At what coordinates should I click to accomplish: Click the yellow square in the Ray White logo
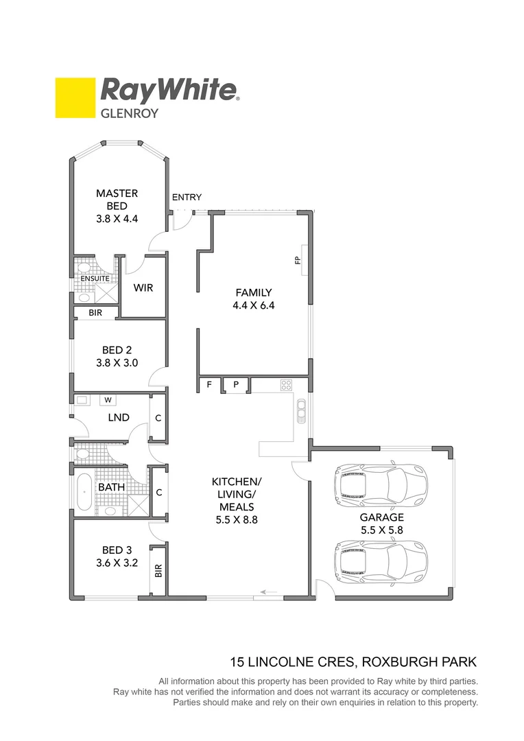[75, 97]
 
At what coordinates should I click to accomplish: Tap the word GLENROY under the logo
[130, 113]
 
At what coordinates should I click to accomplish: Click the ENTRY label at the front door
[187, 198]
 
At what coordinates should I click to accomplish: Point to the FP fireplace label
[298, 261]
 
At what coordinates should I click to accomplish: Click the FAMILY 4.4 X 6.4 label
[253, 299]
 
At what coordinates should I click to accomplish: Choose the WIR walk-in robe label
[143, 287]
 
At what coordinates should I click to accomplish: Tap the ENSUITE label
[95, 279]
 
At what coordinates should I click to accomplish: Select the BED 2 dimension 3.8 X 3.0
[117, 363]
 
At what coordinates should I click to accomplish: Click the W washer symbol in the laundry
[108, 399]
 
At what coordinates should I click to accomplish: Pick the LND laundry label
[119, 417]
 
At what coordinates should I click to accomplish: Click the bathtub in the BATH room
[84, 491]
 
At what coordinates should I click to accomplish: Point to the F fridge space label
[209, 385]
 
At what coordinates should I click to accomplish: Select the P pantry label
[235, 385]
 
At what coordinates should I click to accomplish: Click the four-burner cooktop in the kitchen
[286, 385]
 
